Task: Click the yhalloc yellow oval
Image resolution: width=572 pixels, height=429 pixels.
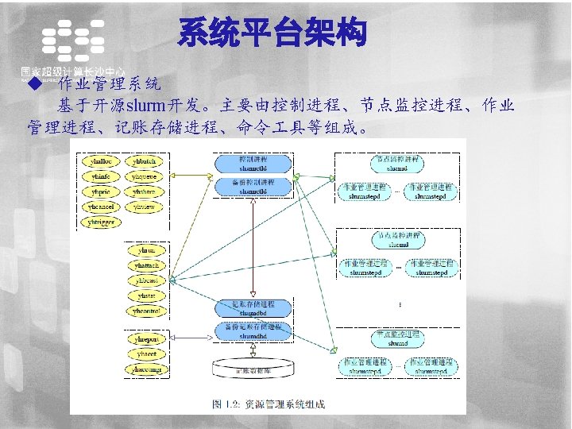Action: point(102,162)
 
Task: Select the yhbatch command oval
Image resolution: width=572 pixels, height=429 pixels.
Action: point(144,162)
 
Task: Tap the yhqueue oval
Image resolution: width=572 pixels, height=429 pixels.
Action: point(144,177)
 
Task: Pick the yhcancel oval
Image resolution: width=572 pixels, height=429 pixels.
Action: point(102,207)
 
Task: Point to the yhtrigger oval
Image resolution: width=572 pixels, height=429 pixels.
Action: point(102,222)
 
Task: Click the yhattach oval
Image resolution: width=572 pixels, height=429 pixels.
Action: point(146,265)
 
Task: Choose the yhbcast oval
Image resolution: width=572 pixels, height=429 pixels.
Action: point(146,280)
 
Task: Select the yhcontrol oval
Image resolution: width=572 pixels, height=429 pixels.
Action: point(146,311)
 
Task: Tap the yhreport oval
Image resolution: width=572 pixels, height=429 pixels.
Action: point(146,339)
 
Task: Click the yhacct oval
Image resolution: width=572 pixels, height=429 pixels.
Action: point(146,354)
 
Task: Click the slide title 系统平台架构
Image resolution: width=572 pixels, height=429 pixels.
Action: point(272,34)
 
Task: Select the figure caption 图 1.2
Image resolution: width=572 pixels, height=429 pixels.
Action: point(269,404)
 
